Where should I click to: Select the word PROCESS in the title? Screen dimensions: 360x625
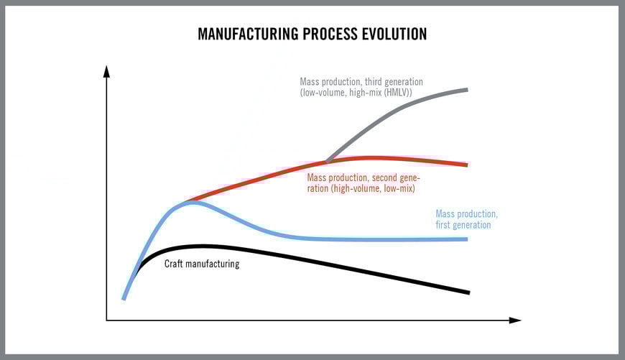click(x=328, y=34)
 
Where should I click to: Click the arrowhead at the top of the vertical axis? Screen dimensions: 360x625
click(x=106, y=70)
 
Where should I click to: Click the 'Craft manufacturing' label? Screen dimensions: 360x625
click(x=202, y=264)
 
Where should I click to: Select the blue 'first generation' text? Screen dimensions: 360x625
click(x=463, y=225)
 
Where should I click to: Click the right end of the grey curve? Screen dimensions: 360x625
click(x=468, y=89)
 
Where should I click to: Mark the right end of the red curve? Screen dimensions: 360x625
click(x=468, y=165)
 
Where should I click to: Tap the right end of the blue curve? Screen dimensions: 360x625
click(x=468, y=239)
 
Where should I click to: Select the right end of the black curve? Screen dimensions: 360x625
click(x=468, y=292)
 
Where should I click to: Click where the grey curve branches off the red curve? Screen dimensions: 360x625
click(x=327, y=162)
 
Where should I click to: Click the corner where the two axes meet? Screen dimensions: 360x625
click(x=106, y=320)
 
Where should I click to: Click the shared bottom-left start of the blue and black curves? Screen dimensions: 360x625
click(x=124, y=298)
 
